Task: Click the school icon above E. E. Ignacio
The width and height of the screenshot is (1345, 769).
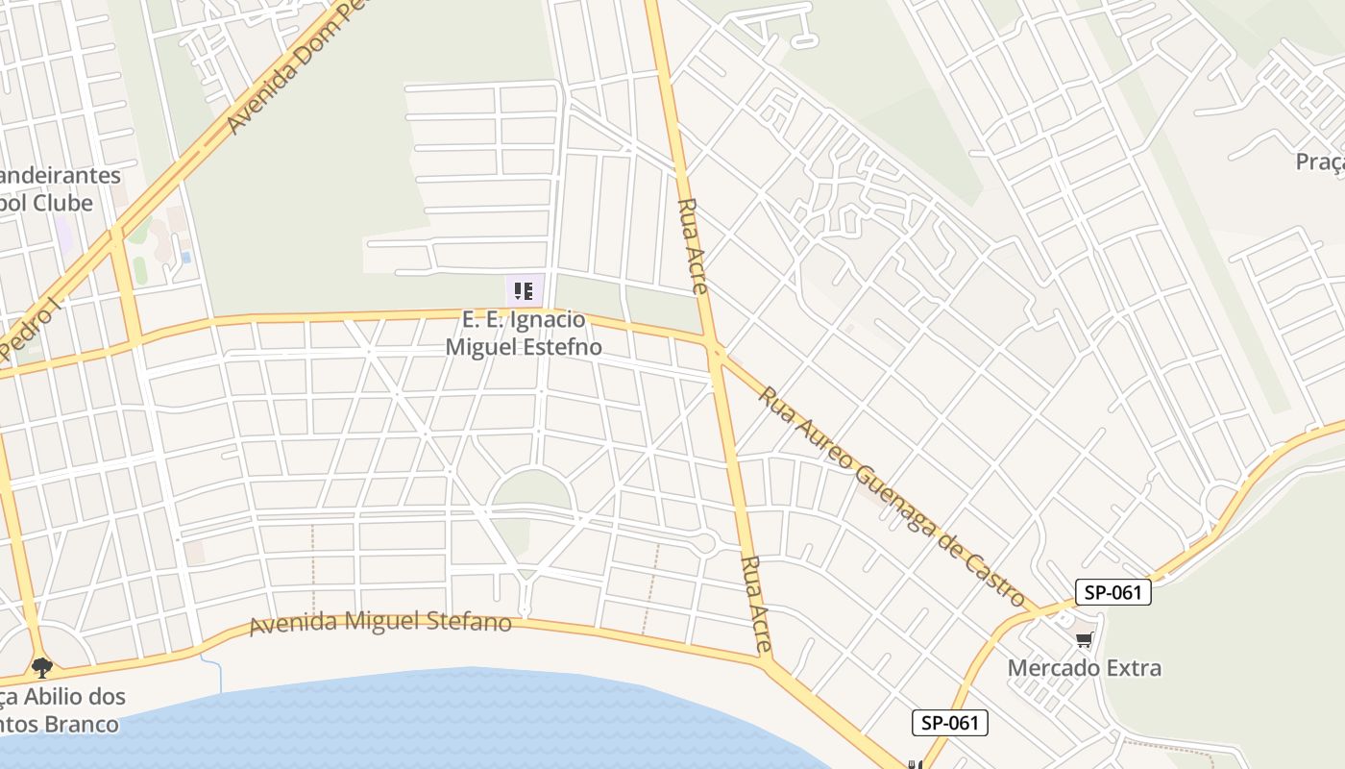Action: coord(524,290)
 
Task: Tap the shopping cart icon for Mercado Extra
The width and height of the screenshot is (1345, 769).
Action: coord(1085,639)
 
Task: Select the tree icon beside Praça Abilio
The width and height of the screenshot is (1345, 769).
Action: coord(41,666)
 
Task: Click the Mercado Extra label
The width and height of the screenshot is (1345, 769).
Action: coord(1084,667)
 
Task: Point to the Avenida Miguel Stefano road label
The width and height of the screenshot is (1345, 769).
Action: coord(379,623)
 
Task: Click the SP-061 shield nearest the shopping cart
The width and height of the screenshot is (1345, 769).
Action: coord(1113,592)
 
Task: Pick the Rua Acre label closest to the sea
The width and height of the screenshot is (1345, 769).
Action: coord(757,605)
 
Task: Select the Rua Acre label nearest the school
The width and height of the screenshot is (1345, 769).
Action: coord(694,245)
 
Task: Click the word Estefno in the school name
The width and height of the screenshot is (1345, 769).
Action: coord(561,346)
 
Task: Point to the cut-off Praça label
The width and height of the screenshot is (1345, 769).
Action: coord(1318,161)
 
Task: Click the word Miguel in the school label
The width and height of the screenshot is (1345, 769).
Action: coord(481,346)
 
